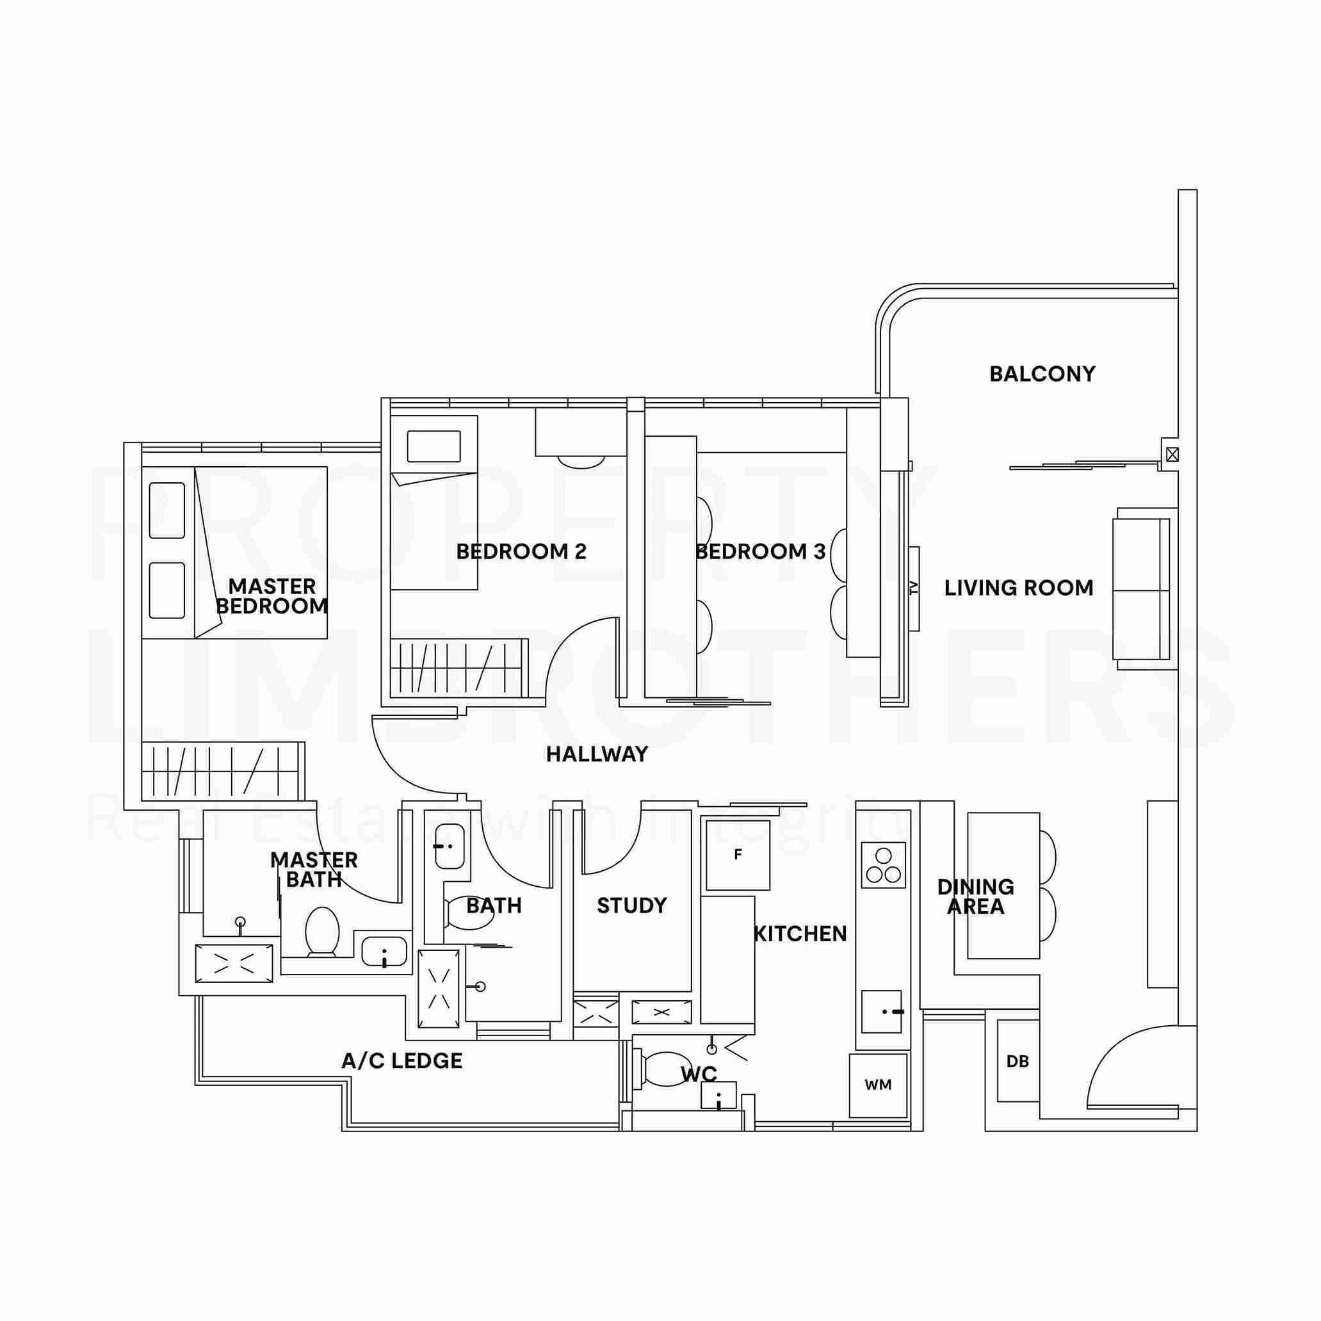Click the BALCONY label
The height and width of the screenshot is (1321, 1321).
[1041, 374]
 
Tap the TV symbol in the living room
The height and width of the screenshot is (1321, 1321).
[914, 588]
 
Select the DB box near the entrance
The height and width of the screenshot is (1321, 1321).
[1017, 1061]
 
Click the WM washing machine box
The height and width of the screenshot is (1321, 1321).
[878, 1085]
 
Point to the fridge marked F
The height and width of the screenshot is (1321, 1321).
[738, 855]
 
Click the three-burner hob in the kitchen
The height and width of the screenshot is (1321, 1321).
[883, 866]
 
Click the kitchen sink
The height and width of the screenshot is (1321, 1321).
[881, 1010]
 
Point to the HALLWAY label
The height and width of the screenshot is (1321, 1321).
[597, 754]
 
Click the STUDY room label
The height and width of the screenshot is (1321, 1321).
[632, 906]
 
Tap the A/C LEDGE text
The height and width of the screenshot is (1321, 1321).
[402, 1061]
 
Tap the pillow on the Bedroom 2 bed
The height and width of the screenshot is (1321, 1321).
[434, 446]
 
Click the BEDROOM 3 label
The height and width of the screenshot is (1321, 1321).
[760, 552]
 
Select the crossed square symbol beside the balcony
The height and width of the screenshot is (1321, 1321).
[1172, 454]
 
